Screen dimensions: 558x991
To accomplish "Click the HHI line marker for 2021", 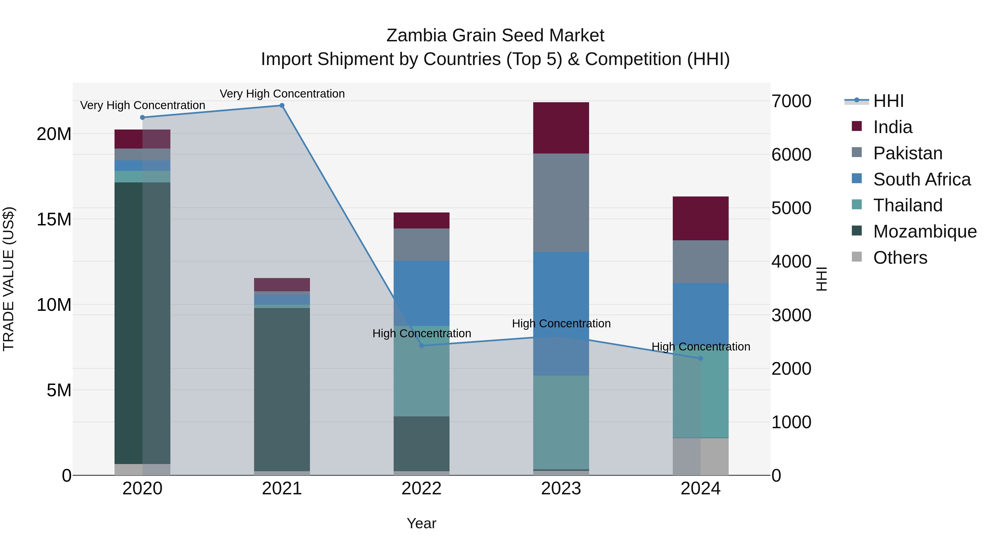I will click(x=282, y=106).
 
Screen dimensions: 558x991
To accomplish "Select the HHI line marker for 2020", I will click(x=142, y=117).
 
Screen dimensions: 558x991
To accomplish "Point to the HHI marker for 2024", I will click(x=701, y=358).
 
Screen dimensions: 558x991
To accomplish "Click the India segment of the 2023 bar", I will click(x=561, y=128).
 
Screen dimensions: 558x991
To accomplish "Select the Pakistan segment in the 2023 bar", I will click(x=561, y=203).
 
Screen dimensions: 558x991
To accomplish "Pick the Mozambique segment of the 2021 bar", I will click(x=282, y=389).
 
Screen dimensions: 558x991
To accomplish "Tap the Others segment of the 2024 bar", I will click(x=701, y=457).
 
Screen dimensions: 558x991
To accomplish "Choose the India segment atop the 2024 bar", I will click(x=701, y=218).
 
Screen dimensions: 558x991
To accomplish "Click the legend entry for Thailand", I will click(x=908, y=205).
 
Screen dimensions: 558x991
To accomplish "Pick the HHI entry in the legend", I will click(x=888, y=101).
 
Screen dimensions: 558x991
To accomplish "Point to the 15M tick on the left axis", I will click(x=54, y=220).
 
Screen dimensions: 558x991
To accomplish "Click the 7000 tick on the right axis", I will click(x=791, y=101).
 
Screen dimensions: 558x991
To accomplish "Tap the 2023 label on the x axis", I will click(x=561, y=489).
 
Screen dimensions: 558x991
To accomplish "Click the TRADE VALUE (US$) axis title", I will click(x=9, y=279).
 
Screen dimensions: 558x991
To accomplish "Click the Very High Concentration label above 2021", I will click(x=282, y=94).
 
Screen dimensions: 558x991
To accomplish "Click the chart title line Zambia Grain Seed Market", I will click(x=495, y=36).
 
